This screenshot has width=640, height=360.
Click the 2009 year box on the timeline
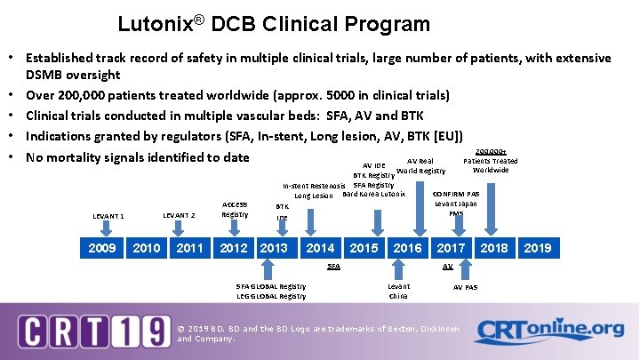(x=102, y=248)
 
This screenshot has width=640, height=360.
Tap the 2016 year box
(x=407, y=248)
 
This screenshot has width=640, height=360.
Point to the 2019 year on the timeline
(x=536, y=248)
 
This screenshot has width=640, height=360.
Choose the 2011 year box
(x=189, y=248)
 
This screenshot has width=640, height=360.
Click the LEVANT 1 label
(x=108, y=216)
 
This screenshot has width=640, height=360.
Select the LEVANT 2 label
(x=179, y=215)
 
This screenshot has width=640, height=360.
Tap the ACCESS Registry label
(x=235, y=210)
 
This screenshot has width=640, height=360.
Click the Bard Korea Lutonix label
(x=373, y=195)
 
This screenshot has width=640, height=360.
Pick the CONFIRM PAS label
(x=455, y=194)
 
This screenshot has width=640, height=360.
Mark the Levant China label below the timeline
(x=398, y=291)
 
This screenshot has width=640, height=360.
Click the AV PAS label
(x=465, y=287)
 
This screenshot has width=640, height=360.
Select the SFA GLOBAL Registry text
(x=271, y=286)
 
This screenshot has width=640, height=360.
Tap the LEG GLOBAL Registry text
(x=271, y=296)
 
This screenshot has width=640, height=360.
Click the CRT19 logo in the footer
(x=94, y=331)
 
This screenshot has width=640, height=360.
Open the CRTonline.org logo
(x=548, y=330)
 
